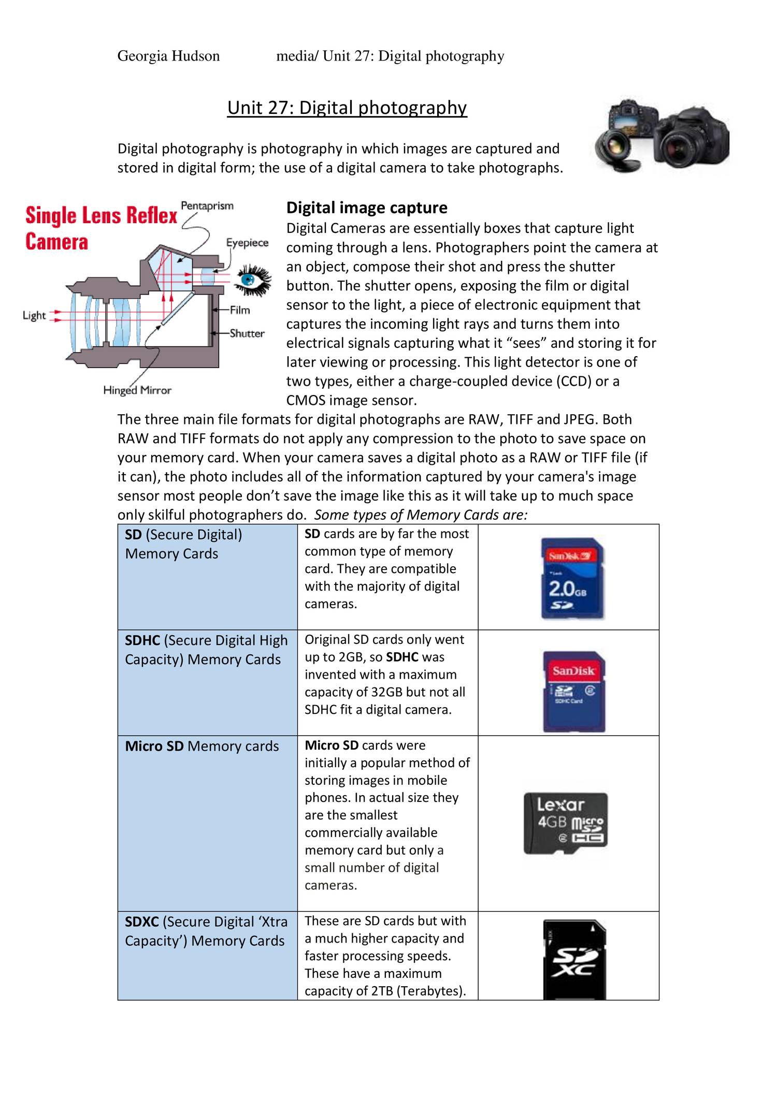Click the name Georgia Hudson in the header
(168, 56)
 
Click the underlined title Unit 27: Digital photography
(347, 108)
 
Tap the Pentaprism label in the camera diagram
(207, 206)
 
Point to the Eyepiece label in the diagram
(247, 243)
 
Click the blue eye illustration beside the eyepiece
(253, 280)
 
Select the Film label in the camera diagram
(240, 310)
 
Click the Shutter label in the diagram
(247, 333)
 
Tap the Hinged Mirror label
(137, 390)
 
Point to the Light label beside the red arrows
(34, 315)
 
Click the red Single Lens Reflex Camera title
(101, 228)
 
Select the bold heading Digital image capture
(367, 208)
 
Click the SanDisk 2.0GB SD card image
(572, 578)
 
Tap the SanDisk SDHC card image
(574, 691)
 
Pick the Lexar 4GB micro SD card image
(566, 823)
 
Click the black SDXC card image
(574, 959)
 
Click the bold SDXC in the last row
(141, 922)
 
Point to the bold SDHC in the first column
(142, 640)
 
